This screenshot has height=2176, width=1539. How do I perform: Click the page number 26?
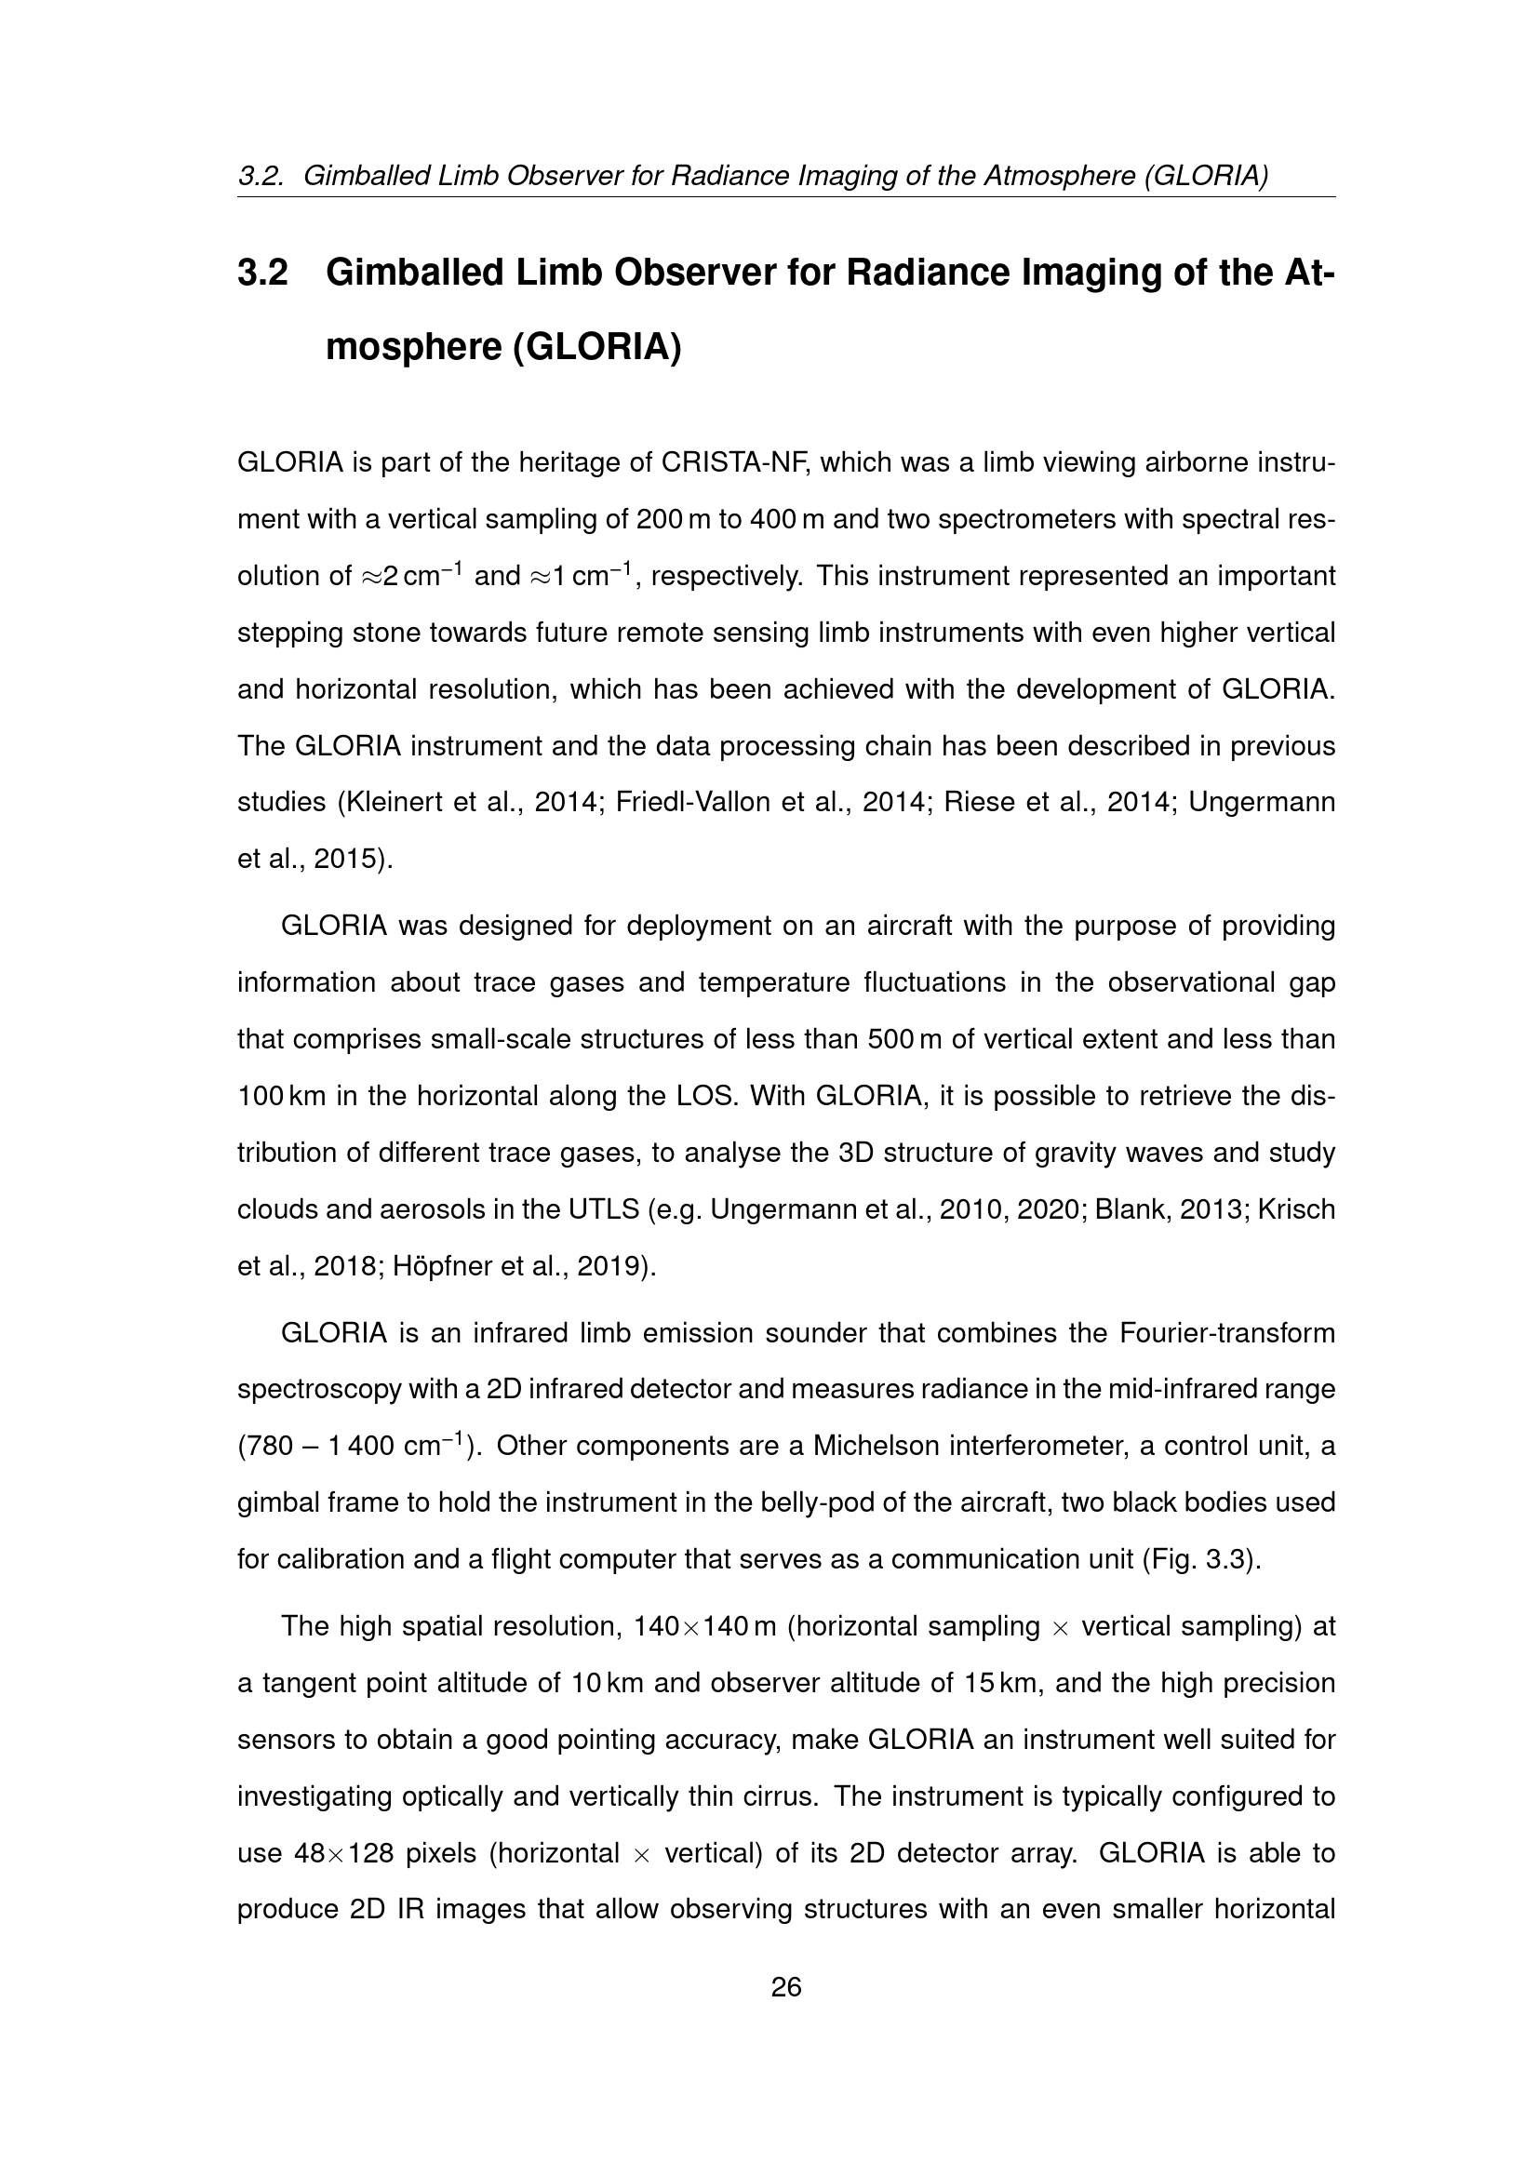pos(786,1987)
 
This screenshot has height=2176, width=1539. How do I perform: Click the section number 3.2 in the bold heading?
pos(262,273)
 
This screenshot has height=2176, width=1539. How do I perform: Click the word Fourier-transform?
pos(1227,1332)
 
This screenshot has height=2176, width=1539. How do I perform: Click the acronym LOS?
pos(705,1096)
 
